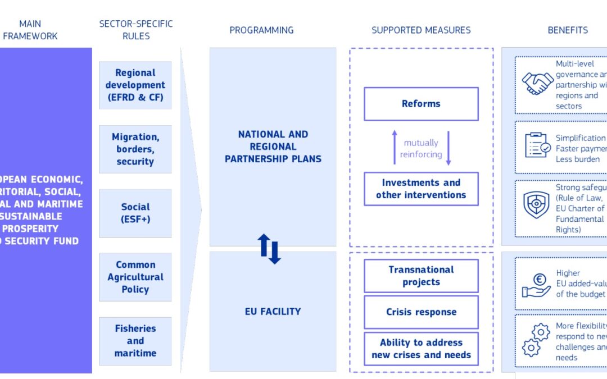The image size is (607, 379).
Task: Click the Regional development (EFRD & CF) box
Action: pyautogui.click(x=135, y=85)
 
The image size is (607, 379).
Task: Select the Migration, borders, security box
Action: pyautogui.click(x=135, y=149)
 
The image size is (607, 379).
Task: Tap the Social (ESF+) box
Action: pyautogui.click(x=135, y=213)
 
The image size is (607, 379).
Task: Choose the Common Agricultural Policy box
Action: pyautogui.click(x=135, y=277)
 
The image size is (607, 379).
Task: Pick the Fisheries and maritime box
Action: pyautogui.click(x=135, y=341)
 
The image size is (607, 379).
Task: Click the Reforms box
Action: pyautogui.click(x=421, y=104)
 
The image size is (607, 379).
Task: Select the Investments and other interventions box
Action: pyautogui.click(x=421, y=189)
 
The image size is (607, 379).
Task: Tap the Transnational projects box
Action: pyautogui.click(x=421, y=276)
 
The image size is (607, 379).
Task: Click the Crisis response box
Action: pyautogui.click(x=421, y=312)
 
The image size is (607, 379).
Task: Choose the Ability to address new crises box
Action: pyautogui.click(x=421, y=349)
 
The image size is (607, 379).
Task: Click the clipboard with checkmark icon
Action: pyautogui.click(x=537, y=145)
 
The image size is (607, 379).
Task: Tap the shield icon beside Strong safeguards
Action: pyautogui.click(x=536, y=205)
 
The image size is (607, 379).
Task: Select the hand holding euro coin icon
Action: pyautogui.click(x=536, y=284)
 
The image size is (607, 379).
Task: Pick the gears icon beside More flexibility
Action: pyautogui.click(x=535, y=340)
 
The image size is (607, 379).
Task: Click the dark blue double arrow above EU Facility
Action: pyautogui.click(x=269, y=249)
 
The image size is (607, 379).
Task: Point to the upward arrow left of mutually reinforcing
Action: pyautogui.click(x=395, y=148)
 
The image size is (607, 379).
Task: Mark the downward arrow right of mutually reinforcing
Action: pyautogui.click(x=449, y=148)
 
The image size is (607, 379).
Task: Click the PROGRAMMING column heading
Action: pyautogui.click(x=261, y=30)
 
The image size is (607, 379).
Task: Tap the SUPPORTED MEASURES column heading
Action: pyautogui.click(x=421, y=30)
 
